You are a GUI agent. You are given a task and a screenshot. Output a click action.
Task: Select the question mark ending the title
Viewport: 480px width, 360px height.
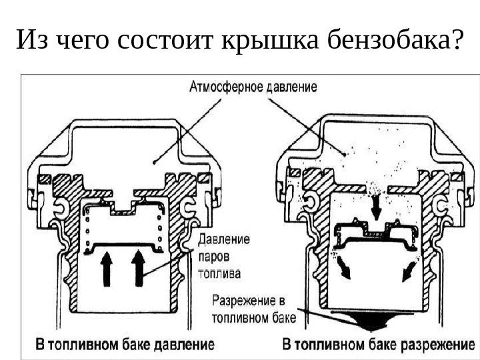456,41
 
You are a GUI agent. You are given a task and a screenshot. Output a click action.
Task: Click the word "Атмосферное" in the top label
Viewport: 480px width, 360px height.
225,87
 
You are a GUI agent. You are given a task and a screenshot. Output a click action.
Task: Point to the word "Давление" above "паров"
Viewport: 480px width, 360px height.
223,238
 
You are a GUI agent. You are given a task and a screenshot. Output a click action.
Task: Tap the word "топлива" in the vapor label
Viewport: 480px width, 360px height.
219,273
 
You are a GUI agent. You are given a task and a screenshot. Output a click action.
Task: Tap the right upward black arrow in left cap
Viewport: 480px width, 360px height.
139,267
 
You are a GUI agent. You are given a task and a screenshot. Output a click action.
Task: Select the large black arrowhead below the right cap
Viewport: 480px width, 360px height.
373,323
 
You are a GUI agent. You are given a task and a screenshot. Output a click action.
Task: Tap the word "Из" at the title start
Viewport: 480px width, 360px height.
29,41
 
